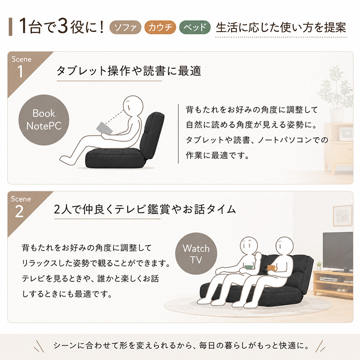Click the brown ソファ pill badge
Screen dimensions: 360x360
[x=126, y=27]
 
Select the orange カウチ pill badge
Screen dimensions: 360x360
[x=160, y=27]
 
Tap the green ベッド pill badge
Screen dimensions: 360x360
[x=195, y=27]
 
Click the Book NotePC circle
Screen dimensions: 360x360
[x=44, y=120]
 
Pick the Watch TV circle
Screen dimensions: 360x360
[x=196, y=254]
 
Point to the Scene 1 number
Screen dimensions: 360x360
[x=20, y=72]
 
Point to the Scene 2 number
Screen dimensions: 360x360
[x=19, y=211]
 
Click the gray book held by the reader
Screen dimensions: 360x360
[x=104, y=128]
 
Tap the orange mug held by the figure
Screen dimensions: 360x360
[x=272, y=268]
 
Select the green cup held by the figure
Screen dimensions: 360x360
[x=249, y=267]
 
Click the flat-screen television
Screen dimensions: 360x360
[x=338, y=252]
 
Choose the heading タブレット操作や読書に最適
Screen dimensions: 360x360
[x=129, y=71]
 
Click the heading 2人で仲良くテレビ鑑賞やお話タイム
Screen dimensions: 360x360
[x=145, y=209]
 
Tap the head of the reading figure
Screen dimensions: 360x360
[x=133, y=107]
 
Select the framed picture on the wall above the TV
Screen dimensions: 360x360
[x=342, y=216]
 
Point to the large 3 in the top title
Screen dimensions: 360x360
[x=63, y=27]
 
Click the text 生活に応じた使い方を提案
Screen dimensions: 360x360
[x=281, y=27]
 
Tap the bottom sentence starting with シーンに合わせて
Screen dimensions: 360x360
[x=181, y=345]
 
